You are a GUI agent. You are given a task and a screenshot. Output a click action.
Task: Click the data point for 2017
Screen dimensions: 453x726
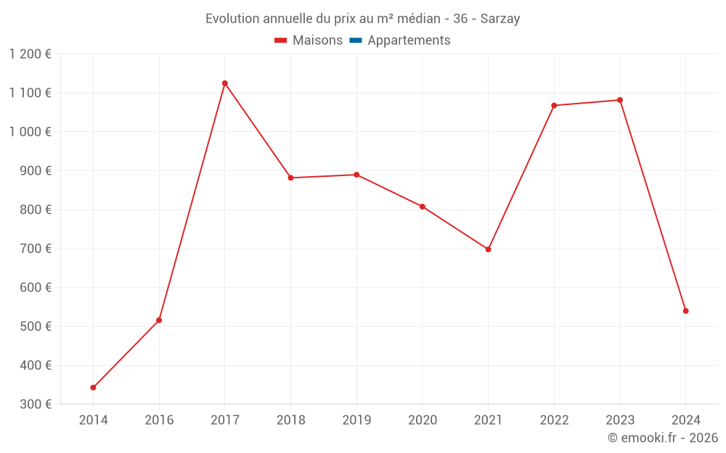click(x=225, y=83)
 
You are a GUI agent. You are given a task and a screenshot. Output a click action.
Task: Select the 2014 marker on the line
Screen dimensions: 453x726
click(x=93, y=388)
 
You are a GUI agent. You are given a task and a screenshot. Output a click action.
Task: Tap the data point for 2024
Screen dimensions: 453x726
click(x=685, y=311)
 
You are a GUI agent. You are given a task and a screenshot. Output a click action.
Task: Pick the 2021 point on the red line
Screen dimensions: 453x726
click(x=488, y=249)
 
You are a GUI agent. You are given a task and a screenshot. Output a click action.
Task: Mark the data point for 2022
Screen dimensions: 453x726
click(x=554, y=106)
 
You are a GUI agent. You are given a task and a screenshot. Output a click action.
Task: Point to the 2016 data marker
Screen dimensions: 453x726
click(x=159, y=320)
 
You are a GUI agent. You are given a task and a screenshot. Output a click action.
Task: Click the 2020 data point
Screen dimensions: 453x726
click(x=423, y=207)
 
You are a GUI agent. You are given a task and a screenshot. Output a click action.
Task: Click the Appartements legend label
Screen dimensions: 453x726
click(x=409, y=41)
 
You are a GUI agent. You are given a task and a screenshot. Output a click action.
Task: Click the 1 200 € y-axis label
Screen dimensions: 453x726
click(x=30, y=54)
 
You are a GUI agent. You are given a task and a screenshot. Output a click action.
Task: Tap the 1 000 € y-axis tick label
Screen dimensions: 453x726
click(x=30, y=132)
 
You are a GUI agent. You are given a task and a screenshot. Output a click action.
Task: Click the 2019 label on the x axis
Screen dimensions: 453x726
click(x=356, y=420)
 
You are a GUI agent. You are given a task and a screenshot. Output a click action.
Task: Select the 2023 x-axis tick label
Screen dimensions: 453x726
click(x=620, y=420)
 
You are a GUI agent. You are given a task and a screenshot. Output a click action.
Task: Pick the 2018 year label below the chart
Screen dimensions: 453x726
click(x=290, y=420)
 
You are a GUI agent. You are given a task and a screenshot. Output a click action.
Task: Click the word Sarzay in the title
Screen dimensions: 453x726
click(x=500, y=19)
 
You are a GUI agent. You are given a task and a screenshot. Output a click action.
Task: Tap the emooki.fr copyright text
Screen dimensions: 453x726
click(x=663, y=438)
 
